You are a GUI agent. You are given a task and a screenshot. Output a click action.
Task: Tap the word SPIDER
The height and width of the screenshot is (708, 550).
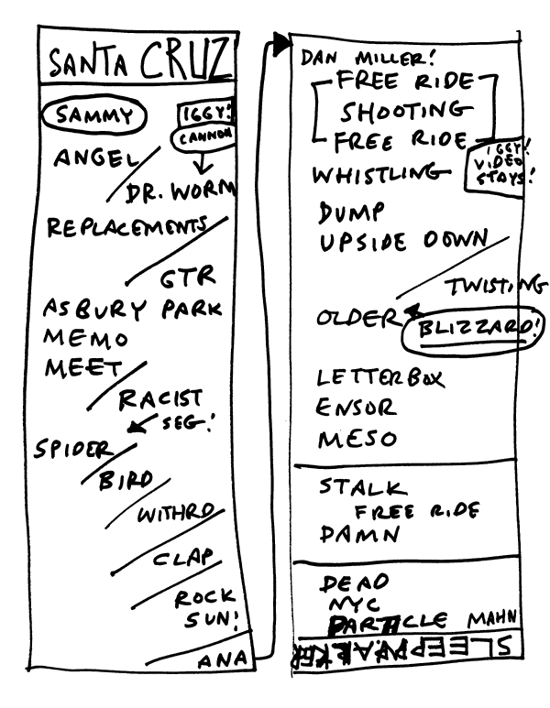coord(73,450)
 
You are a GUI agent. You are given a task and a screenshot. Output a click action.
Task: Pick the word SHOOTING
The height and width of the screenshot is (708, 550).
coord(403,112)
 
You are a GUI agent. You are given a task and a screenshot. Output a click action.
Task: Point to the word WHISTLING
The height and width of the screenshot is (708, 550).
coord(370,174)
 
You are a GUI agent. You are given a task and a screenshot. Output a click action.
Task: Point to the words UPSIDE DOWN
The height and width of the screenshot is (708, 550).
coord(402,243)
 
